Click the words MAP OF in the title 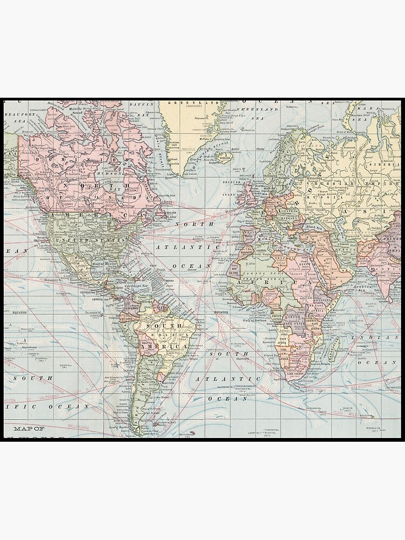click(x=29, y=428)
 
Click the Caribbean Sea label click(x=137, y=286)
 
